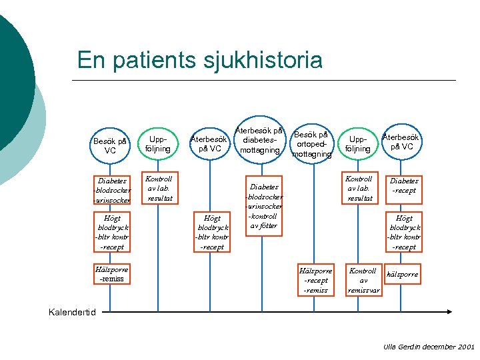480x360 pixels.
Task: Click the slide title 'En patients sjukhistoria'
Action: tap(200, 60)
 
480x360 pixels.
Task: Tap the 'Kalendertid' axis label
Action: tap(73, 312)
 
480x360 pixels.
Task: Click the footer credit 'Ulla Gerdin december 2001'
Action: tap(429, 347)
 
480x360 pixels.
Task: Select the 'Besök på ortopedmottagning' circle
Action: tap(311, 143)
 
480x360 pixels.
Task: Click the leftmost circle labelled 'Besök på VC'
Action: tap(110, 145)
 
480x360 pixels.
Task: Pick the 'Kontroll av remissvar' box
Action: tap(364, 281)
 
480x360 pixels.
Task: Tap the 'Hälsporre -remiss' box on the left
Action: tap(111, 274)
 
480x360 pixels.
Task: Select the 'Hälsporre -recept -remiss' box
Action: tap(315, 281)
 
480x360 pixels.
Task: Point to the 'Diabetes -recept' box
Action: tap(404, 185)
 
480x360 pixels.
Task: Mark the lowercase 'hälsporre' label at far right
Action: tap(403, 274)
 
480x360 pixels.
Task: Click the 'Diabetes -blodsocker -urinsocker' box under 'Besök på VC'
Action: tap(112, 190)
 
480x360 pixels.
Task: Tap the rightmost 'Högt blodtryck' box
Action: tap(404, 232)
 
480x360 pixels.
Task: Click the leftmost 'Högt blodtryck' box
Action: tap(111, 232)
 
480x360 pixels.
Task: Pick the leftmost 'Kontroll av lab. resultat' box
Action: tap(159, 189)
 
